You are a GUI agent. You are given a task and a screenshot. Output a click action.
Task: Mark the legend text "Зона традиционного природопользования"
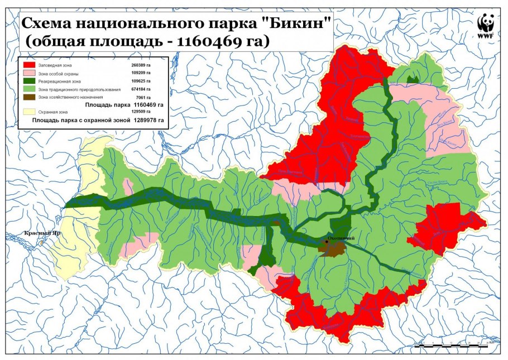79,89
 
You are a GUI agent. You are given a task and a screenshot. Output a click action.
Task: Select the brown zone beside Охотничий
333,249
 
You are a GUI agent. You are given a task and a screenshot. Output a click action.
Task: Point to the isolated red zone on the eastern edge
447,226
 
